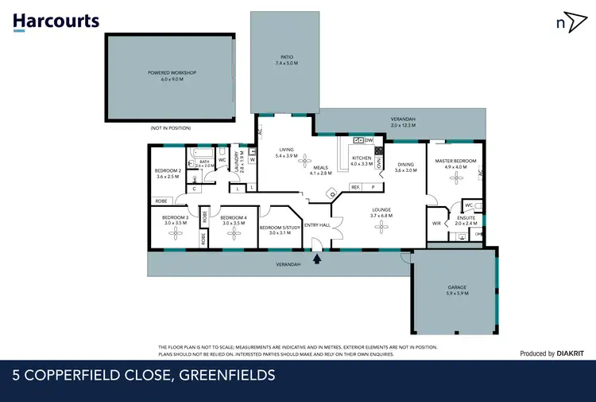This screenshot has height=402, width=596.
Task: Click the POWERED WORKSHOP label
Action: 172,72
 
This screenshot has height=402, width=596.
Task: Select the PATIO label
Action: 286,57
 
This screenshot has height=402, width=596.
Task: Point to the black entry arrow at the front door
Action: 317,257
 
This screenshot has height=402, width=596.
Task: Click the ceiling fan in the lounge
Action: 381,228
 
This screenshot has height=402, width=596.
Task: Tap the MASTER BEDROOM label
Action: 455,161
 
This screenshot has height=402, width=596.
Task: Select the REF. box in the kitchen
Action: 355,187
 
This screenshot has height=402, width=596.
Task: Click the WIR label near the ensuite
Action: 436,224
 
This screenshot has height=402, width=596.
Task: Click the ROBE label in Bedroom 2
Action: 161,201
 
